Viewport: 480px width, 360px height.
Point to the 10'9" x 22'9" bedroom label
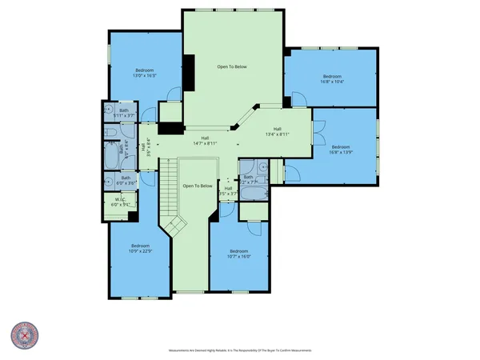[x=140, y=249]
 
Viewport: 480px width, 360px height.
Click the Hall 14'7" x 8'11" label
[x=205, y=141]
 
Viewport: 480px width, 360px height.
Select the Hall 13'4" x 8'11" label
[x=277, y=132]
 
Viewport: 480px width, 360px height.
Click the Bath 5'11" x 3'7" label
[x=124, y=114]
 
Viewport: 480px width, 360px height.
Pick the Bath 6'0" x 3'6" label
[x=124, y=180]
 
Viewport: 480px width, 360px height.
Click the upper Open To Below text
[x=231, y=67]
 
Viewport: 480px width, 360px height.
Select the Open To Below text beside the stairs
[x=198, y=186]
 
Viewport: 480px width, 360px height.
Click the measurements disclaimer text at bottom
[x=239, y=350]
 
